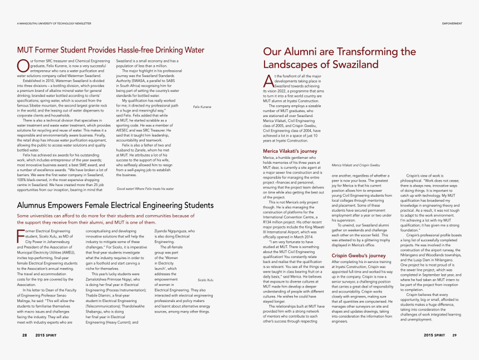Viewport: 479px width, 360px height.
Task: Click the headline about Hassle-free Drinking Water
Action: click(x=111, y=50)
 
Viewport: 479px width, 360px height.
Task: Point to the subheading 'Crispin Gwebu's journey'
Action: click(x=358, y=255)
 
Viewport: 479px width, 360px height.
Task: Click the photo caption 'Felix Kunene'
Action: click(x=202, y=106)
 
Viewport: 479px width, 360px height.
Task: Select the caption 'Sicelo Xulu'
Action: click(x=206, y=280)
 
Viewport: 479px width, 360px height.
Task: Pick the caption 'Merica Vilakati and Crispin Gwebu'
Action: click(x=356, y=165)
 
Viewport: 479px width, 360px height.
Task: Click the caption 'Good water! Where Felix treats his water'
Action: click(x=145, y=188)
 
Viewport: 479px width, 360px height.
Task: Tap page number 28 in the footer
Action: click(x=25, y=335)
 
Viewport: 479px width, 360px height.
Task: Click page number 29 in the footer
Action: click(x=454, y=335)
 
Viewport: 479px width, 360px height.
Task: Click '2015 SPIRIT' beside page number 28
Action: click(x=45, y=335)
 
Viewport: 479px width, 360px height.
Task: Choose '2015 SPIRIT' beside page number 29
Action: click(x=434, y=335)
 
